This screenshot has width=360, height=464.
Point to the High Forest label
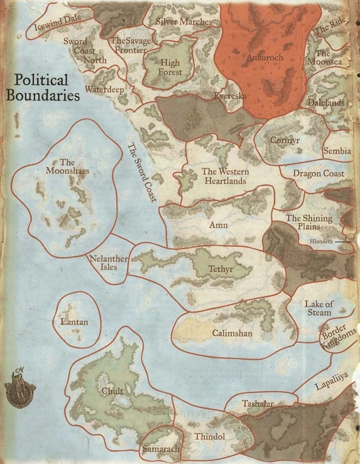[x=170, y=68]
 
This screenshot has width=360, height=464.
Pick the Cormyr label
[x=285, y=141]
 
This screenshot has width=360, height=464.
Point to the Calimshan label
[x=232, y=333]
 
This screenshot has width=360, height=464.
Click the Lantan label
[x=74, y=323]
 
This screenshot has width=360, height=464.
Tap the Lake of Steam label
[x=319, y=308]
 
